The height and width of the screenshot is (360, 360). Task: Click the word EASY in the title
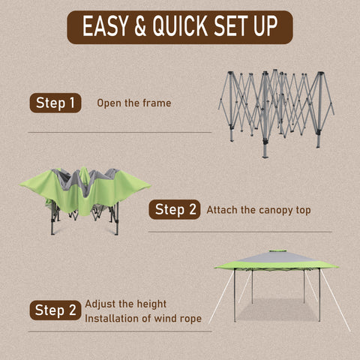tap(105, 25)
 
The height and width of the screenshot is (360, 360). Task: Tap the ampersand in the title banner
tap(140, 25)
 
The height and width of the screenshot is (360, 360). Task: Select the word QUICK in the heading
tap(180, 26)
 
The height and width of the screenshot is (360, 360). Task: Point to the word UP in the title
tap(265, 25)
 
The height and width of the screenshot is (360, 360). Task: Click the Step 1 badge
tap(55, 103)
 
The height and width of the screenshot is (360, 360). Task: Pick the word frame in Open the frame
tap(157, 103)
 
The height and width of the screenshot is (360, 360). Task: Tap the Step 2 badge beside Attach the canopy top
tap(175, 209)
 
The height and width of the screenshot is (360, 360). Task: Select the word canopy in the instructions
tap(274, 211)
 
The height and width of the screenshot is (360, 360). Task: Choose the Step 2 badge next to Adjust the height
tap(55, 310)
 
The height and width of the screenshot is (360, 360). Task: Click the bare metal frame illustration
tap(276, 113)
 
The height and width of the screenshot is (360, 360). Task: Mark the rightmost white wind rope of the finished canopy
tap(335, 301)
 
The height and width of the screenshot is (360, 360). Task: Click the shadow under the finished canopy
tap(277, 310)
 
